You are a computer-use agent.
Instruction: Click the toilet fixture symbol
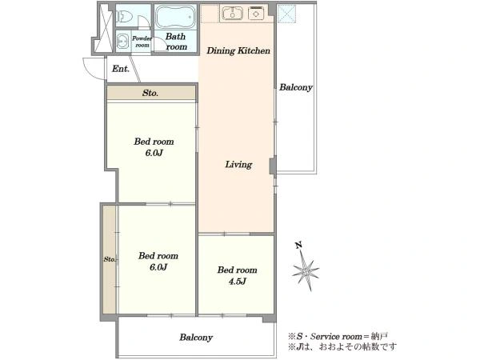tap(124, 17)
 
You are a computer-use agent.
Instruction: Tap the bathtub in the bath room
tap(175, 17)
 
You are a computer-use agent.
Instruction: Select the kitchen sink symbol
tap(233, 14)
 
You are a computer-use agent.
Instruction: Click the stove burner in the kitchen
tap(256, 14)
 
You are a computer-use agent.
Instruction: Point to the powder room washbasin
tap(122, 41)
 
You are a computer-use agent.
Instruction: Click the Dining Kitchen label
tap(238, 50)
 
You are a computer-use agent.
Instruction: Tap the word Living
tap(238, 164)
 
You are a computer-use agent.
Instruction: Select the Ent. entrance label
tap(121, 69)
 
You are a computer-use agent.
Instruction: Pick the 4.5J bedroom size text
tap(238, 282)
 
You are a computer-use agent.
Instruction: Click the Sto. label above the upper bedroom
tap(150, 93)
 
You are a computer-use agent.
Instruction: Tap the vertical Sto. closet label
tap(110, 259)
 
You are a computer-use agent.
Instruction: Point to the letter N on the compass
tap(298, 245)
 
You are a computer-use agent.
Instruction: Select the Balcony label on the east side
tap(296, 87)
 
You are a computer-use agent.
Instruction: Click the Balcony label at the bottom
tap(196, 338)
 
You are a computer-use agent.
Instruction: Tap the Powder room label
tap(142, 42)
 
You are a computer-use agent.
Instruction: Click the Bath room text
tap(176, 42)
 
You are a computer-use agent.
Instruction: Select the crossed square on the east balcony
tap(287, 14)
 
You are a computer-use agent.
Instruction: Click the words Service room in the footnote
tap(336, 337)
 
